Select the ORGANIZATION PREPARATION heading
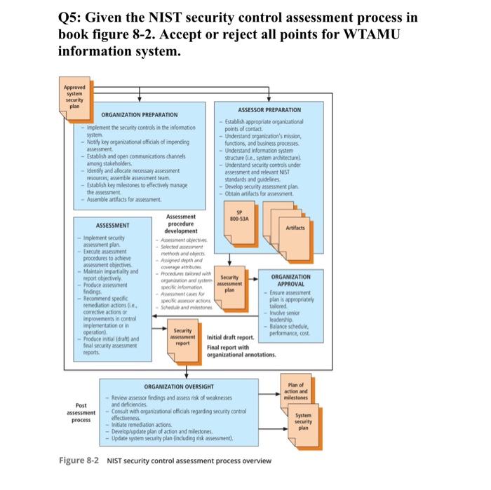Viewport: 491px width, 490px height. click(x=140, y=114)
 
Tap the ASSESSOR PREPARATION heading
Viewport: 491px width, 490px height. click(x=269, y=109)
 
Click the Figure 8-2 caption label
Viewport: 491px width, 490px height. click(x=79, y=461)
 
